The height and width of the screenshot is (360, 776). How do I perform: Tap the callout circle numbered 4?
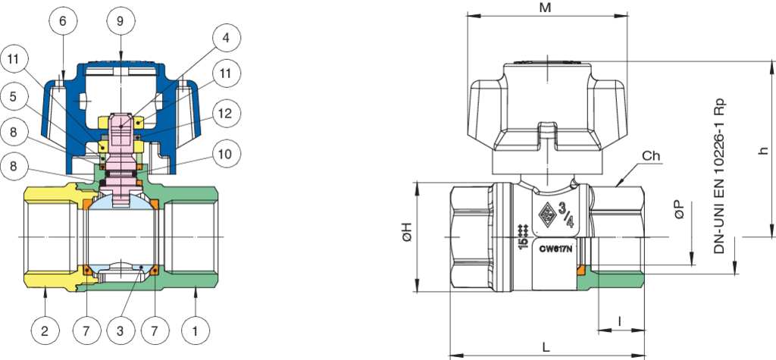pyautogui.click(x=226, y=39)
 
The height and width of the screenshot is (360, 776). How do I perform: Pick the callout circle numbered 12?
pyautogui.click(x=226, y=114)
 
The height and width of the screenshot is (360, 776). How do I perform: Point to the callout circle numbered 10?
pyautogui.click(x=226, y=153)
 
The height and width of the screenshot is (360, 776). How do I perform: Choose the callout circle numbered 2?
pyautogui.click(x=45, y=330)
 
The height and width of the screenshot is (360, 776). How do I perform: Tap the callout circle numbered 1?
pyautogui.click(x=196, y=330)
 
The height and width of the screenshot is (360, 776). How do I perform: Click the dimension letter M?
pyautogui.click(x=546, y=8)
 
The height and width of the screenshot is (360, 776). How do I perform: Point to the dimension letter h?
pyautogui.click(x=765, y=149)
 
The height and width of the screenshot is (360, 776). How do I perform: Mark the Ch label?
pyautogui.click(x=651, y=156)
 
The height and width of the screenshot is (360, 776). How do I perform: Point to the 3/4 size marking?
pyautogui.click(x=565, y=214)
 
